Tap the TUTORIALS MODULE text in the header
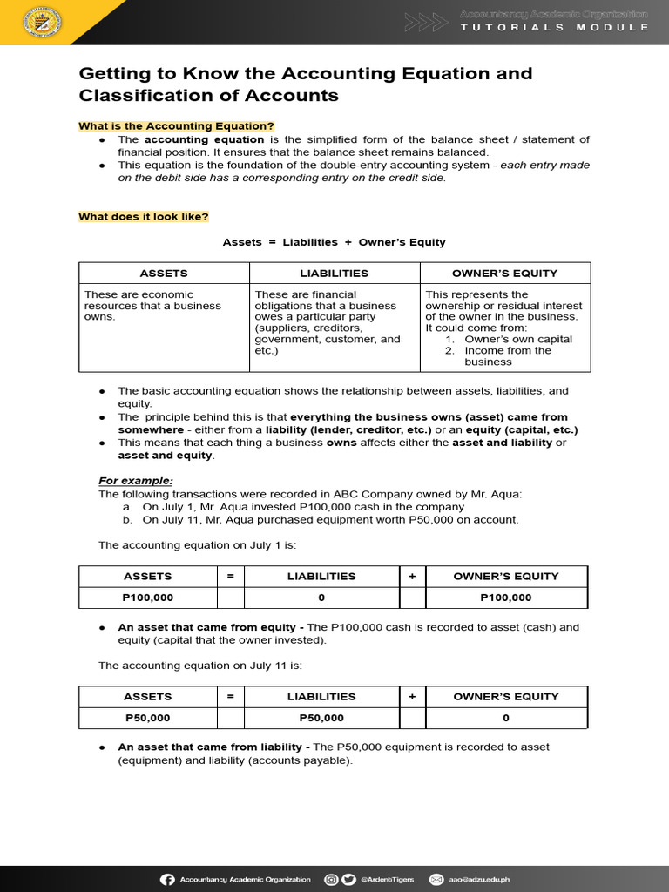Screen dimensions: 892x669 pyautogui.click(x=555, y=27)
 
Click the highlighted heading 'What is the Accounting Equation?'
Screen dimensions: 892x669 pyautogui.click(x=176, y=126)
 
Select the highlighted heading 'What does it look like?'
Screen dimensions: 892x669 pyautogui.click(x=144, y=217)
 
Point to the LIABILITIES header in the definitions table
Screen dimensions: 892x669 pyautogui.click(x=334, y=273)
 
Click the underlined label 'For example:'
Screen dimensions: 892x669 pyautogui.click(x=136, y=481)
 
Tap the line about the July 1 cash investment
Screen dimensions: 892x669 pyautogui.click(x=304, y=507)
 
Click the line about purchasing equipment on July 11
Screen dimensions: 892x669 pyautogui.click(x=330, y=520)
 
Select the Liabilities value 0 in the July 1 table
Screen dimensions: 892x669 pyautogui.click(x=321, y=598)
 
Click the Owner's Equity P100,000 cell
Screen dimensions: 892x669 pyautogui.click(x=506, y=598)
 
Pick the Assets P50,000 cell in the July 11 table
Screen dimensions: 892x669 pyautogui.click(x=147, y=718)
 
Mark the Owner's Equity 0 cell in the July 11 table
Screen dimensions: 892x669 pyautogui.click(x=506, y=718)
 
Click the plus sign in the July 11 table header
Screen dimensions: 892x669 pyautogui.click(x=412, y=696)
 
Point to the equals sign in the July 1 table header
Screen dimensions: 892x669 pyautogui.click(x=231, y=576)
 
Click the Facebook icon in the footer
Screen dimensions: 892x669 pyautogui.click(x=168, y=879)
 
